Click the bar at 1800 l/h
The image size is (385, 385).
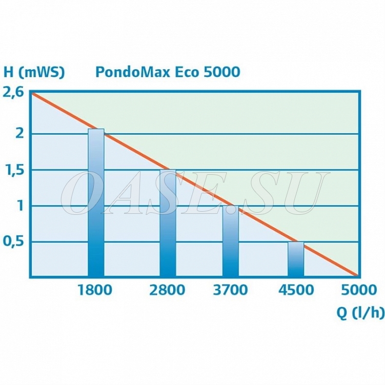(96, 203)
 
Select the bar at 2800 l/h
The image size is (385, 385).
(168, 224)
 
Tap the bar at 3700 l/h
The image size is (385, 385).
(230, 241)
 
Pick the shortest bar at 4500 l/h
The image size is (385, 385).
(296, 259)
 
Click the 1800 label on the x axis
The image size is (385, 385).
(95, 290)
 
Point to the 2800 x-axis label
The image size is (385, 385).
(168, 290)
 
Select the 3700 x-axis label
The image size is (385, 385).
(230, 290)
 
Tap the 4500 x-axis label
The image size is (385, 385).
(296, 290)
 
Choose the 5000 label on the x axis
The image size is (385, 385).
(358, 290)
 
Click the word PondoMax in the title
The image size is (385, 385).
(126, 72)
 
